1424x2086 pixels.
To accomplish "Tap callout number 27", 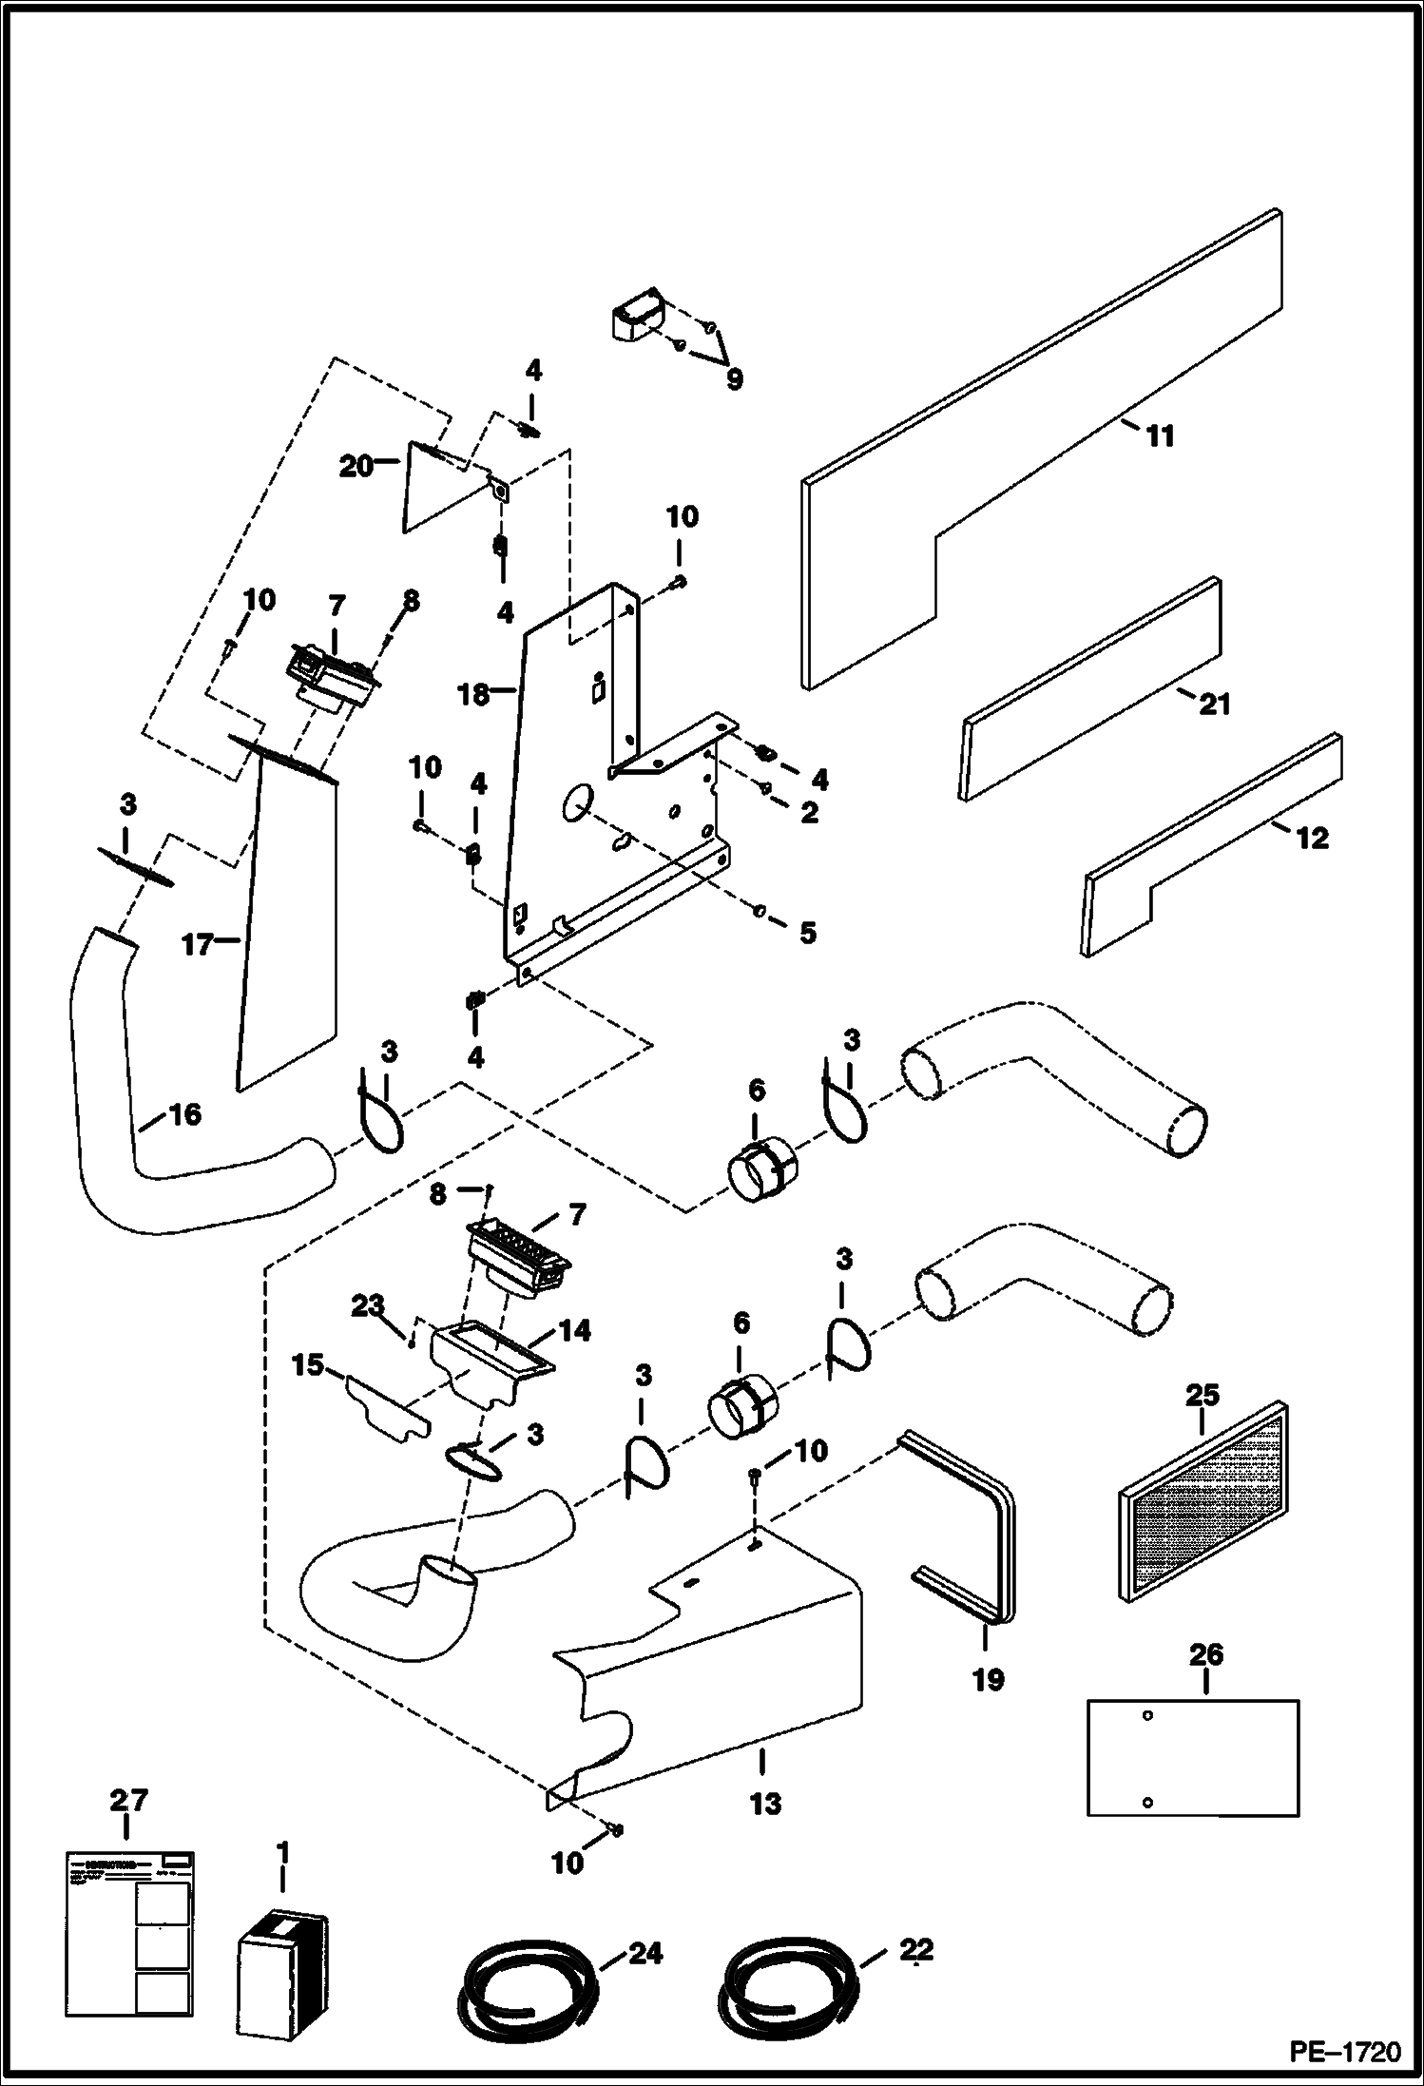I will [128, 1800].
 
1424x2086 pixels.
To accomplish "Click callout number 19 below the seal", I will [988, 1679].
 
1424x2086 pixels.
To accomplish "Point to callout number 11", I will [1159, 436].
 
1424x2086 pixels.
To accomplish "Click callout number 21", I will [1215, 704].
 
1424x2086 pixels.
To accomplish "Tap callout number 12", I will [1313, 838].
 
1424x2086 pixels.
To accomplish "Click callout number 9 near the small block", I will [733, 378].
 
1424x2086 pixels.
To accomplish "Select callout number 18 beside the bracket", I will [473, 695].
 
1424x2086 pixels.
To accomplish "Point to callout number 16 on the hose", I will [185, 1113].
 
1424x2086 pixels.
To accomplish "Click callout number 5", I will [807, 933].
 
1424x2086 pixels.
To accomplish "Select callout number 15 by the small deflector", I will [307, 1366].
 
